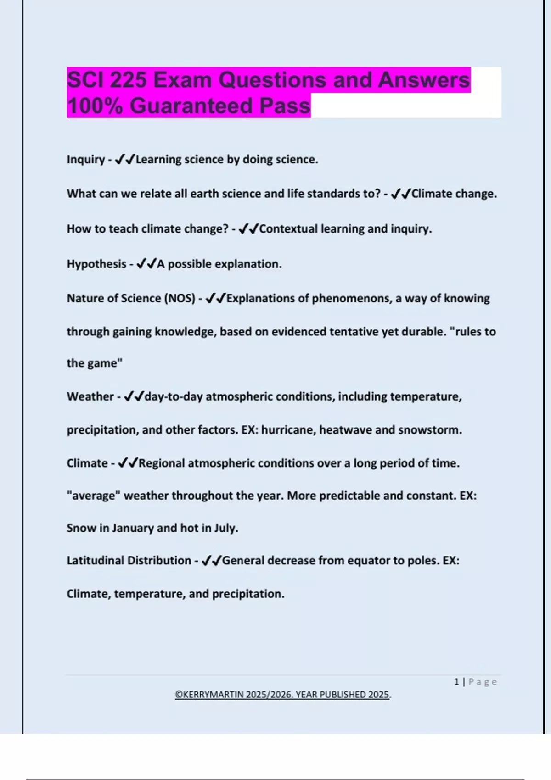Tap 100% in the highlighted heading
tap(95, 106)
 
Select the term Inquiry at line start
tap(86, 160)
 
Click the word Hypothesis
tap(96, 264)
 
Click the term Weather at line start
tap(90, 396)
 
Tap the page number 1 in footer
tap(456, 682)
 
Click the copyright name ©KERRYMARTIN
tap(209, 695)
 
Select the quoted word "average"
tap(93, 496)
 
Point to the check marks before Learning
tap(124, 160)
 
